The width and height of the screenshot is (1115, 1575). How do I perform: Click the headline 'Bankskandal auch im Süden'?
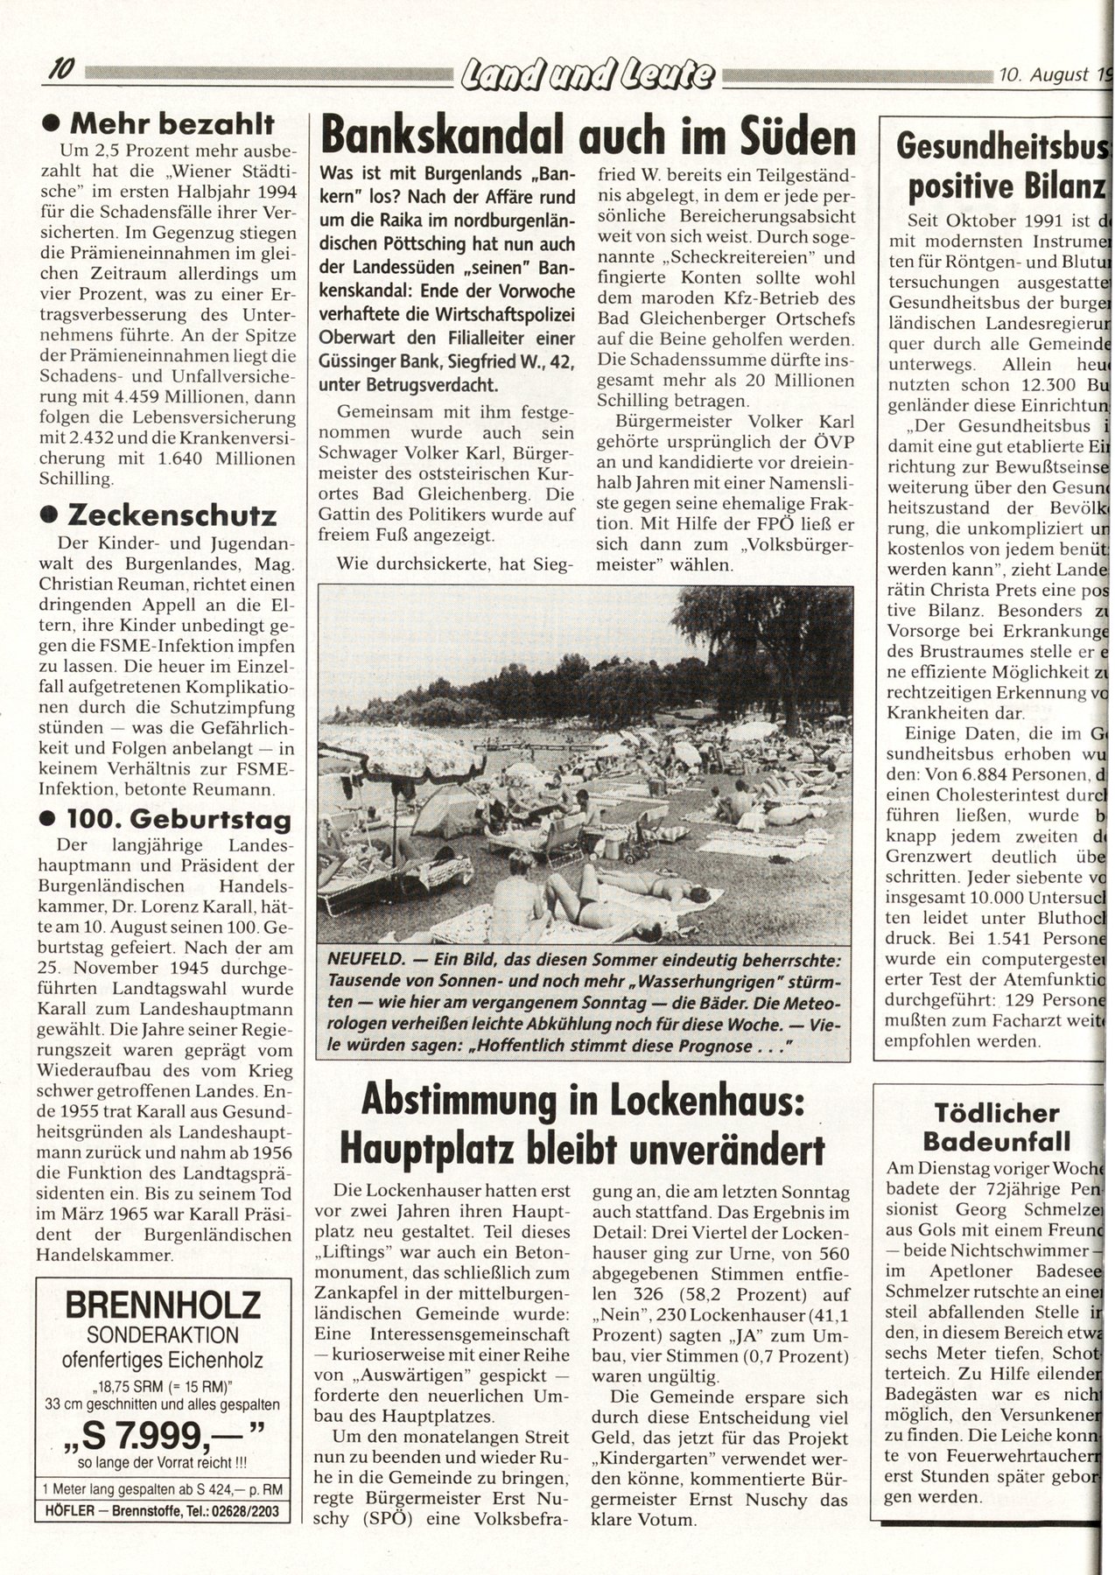(x=587, y=136)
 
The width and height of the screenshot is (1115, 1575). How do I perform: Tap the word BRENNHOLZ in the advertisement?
(x=163, y=1305)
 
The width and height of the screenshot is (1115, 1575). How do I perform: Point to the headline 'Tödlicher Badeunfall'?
(x=997, y=1127)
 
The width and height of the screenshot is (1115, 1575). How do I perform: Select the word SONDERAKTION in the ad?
(x=163, y=1335)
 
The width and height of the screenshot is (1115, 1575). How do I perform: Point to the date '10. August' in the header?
(x=1042, y=75)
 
